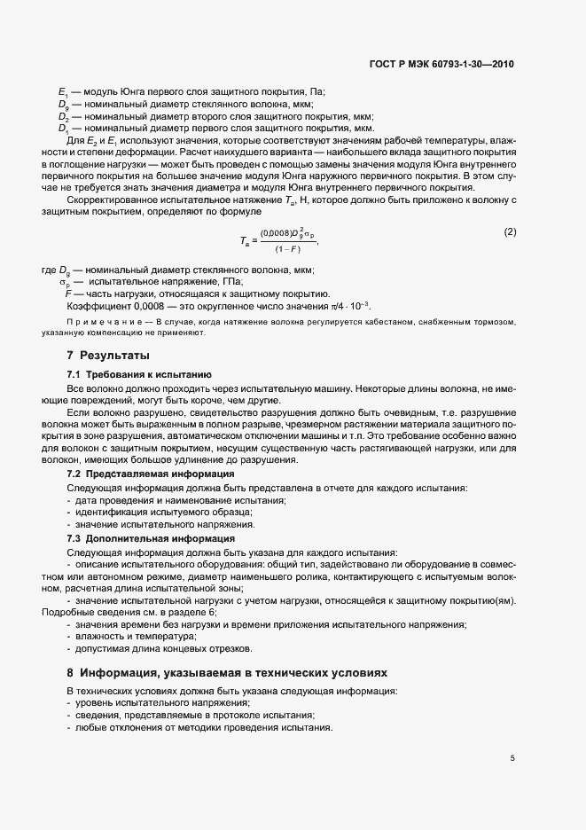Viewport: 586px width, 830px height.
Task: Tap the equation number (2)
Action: [510, 232]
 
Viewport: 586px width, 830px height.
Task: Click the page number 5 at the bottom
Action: [512, 758]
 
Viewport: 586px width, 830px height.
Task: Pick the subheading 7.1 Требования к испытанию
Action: [139, 375]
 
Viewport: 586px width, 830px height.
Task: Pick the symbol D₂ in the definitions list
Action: [63, 116]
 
